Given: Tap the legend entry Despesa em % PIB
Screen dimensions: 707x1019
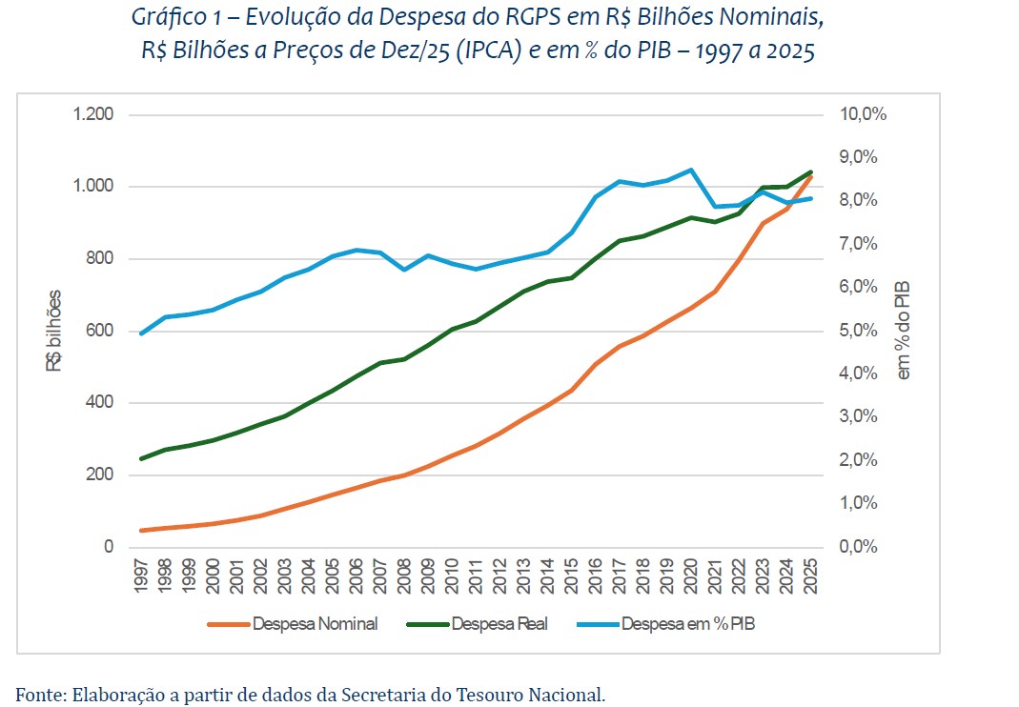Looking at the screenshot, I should (687, 625).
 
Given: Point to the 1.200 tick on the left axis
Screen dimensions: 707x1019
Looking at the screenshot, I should (93, 115).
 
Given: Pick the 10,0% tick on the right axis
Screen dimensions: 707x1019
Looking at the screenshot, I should (863, 114).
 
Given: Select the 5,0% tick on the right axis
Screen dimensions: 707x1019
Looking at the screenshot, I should (859, 331).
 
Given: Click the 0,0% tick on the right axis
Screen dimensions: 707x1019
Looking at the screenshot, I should (859, 547).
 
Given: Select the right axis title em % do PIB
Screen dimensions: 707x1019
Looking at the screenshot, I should (904, 331).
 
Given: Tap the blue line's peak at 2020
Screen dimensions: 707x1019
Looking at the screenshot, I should (691, 170).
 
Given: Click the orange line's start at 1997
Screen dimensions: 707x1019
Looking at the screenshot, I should (141, 531).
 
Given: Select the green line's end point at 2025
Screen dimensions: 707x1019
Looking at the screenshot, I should (810, 172).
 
